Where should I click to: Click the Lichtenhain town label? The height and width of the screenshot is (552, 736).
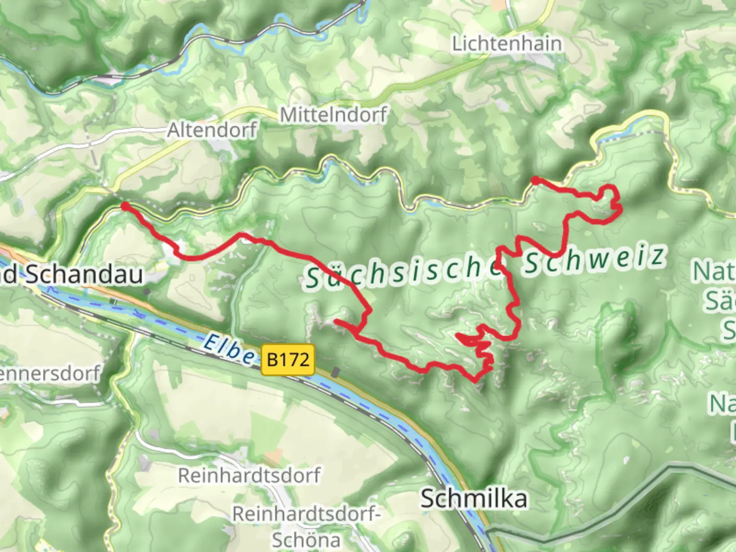pyautogui.click(x=507, y=43)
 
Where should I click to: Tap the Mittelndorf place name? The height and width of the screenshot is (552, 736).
pyautogui.click(x=333, y=115)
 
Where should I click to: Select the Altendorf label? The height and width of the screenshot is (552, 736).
pyautogui.click(x=212, y=130)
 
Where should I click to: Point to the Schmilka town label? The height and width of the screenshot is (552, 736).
pyautogui.click(x=473, y=498)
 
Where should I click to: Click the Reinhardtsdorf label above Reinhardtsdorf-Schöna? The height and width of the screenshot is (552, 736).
pyautogui.click(x=249, y=475)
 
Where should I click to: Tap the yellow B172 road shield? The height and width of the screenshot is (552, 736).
pyautogui.click(x=288, y=360)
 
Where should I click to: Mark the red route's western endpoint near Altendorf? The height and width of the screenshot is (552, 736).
pyautogui.click(x=125, y=206)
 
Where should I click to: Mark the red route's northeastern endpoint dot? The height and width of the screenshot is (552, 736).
pyautogui.click(x=535, y=180)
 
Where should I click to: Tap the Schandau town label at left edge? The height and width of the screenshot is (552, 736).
pyautogui.click(x=72, y=275)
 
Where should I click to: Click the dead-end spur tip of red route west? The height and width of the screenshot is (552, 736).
pyautogui.click(x=336, y=321)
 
